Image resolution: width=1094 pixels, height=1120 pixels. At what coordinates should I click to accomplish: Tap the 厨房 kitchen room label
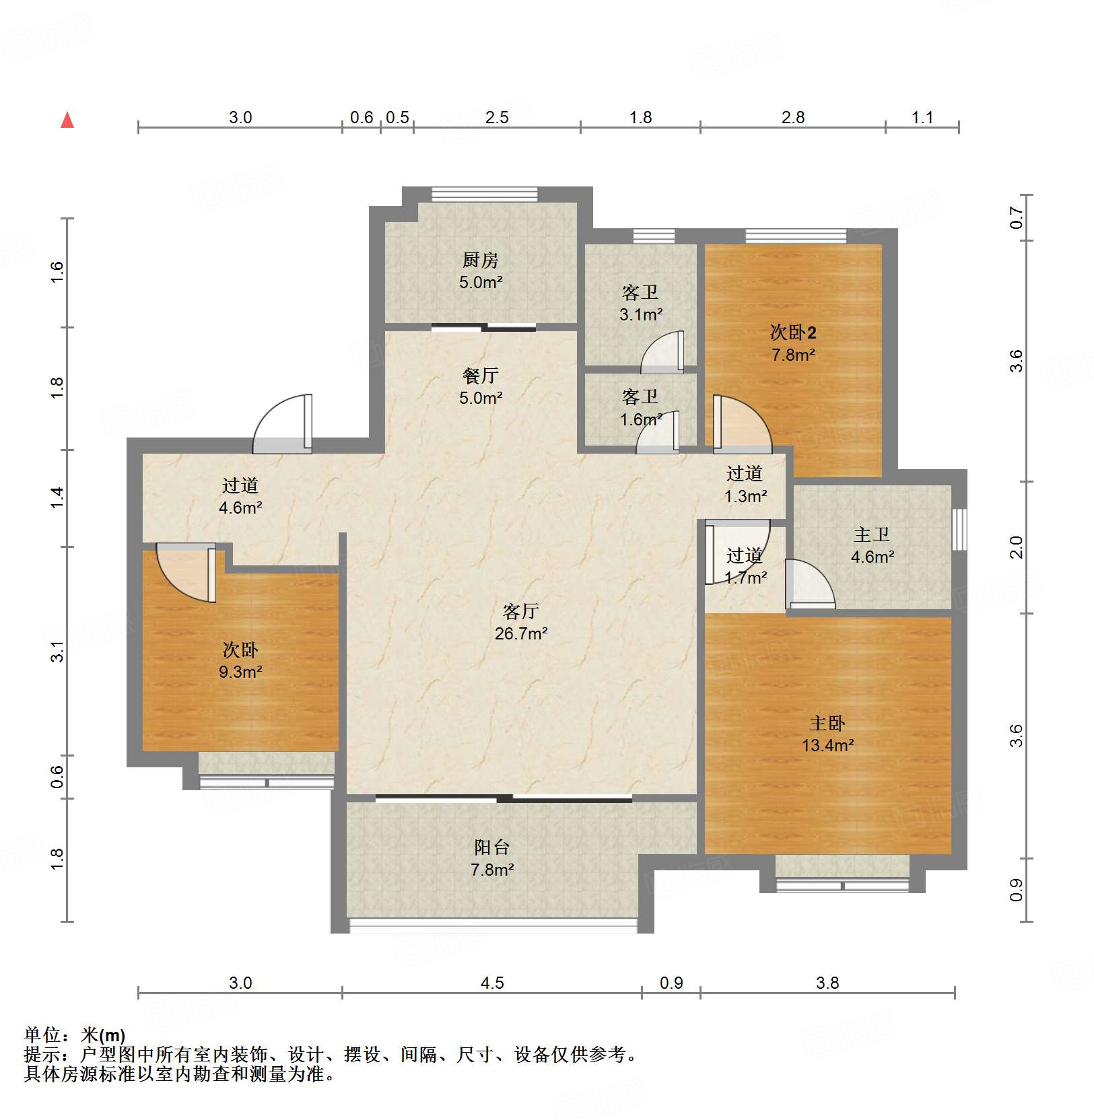click(480, 260)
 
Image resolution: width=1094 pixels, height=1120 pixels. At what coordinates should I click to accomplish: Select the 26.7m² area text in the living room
click(521, 633)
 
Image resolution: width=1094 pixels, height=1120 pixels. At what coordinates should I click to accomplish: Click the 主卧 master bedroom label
click(827, 724)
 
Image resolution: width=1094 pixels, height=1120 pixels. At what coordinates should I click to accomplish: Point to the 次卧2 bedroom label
click(793, 332)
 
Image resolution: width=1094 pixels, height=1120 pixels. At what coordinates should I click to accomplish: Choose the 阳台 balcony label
click(492, 847)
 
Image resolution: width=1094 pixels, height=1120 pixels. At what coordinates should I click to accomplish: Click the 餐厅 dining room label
click(481, 376)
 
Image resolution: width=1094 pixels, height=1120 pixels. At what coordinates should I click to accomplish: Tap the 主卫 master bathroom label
click(872, 535)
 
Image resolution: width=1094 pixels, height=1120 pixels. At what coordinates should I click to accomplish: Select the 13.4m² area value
click(828, 745)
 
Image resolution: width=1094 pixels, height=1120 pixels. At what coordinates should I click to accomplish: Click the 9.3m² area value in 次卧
click(240, 672)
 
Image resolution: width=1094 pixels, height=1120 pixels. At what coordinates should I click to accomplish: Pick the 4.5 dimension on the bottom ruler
click(492, 983)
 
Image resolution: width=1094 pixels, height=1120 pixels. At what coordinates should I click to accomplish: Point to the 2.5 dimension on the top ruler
click(497, 118)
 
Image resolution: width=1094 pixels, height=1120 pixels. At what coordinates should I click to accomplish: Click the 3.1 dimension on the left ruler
click(57, 652)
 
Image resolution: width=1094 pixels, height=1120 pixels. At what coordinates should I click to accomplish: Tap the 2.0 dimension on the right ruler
click(1017, 547)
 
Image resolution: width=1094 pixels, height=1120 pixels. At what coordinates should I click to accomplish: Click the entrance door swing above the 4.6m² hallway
click(283, 423)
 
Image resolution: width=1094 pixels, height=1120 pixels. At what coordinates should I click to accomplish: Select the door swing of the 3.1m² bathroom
click(662, 352)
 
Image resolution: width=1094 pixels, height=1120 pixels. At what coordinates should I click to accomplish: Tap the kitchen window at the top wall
click(485, 195)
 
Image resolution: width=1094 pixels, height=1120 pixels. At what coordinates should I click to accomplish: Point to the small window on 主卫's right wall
click(960, 530)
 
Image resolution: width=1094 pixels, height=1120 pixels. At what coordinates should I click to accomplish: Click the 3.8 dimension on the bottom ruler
click(827, 983)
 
